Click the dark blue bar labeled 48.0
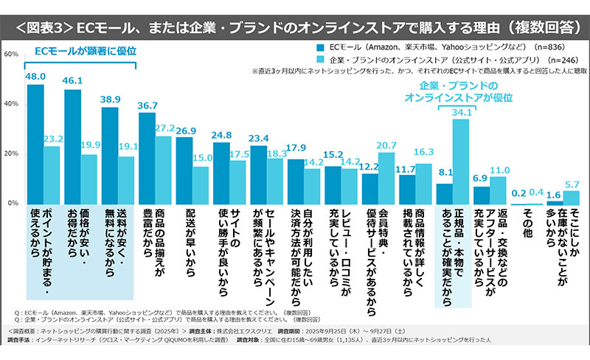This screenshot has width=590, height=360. point(35,144)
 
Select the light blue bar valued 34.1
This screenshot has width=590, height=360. point(460,161)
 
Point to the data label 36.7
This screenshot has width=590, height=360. point(147,105)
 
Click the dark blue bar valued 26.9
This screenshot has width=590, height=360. point(184,170)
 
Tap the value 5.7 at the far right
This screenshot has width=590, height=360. point(572,184)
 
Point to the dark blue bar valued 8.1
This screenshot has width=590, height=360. point(445,193)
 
